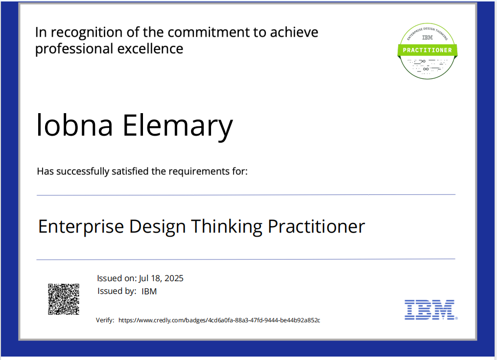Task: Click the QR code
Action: point(64,299)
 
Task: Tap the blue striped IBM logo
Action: point(429,310)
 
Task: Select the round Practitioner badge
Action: point(427,51)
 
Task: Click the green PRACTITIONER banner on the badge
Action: point(427,50)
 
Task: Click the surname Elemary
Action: point(177,125)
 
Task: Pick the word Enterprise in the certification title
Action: point(81,226)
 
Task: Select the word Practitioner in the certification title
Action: point(316,226)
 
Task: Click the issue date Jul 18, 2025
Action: point(161,278)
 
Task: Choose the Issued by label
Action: point(117,291)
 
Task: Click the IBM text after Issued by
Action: point(149,291)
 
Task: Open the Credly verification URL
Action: point(219,320)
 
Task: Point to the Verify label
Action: point(105,320)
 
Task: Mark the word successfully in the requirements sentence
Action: point(83,171)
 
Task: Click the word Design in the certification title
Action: point(158,226)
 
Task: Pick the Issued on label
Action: point(117,278)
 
